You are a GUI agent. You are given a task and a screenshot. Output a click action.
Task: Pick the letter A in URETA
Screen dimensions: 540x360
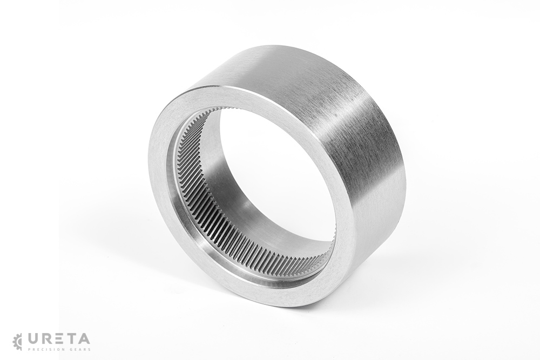tap(84, 339)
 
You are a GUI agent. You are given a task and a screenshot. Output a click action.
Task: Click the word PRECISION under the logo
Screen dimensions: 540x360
tap(45, 349)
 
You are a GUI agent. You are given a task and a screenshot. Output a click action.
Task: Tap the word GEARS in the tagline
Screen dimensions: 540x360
tap(80, 349)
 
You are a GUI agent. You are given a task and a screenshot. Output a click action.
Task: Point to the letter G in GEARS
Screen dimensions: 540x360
tap(72, 349)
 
